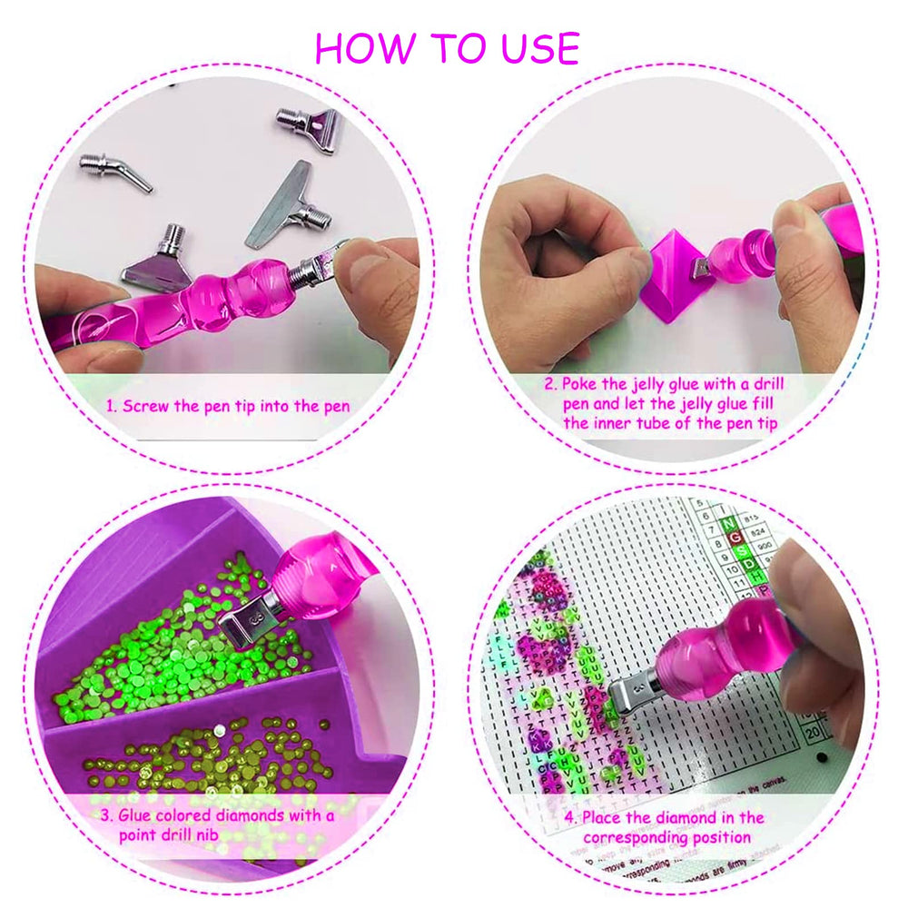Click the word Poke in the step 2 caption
pos(582,384)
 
